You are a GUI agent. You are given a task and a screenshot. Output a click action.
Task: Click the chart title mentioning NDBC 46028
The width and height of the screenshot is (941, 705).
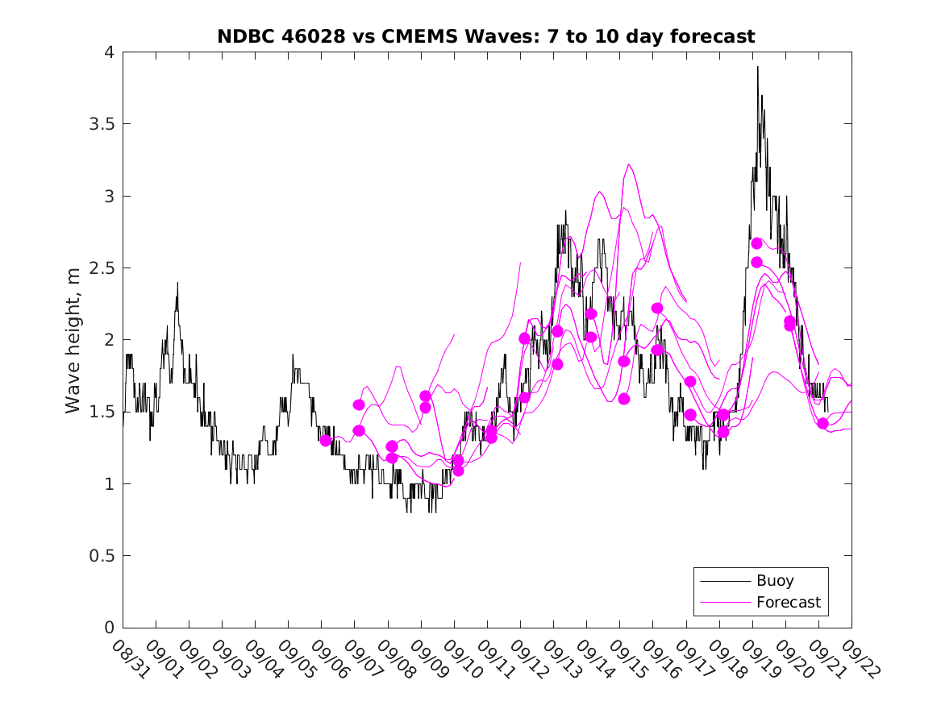click(x=486, y=36)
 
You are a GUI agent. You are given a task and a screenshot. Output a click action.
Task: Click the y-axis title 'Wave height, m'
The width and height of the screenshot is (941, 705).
click(x=73, y=341)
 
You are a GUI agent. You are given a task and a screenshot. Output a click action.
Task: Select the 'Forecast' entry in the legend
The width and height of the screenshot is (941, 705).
click(x=788, y=602)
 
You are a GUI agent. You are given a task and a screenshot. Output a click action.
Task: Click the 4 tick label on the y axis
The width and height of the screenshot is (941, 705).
click(x=108, y=52)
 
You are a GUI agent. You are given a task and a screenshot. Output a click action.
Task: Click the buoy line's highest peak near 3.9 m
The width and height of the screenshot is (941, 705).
click(x=758, y=68)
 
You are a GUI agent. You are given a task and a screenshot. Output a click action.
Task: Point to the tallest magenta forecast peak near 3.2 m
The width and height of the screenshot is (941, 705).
click(x=629, y=164)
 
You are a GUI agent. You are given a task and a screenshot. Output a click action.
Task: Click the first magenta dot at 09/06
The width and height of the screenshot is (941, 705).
click(x=326, y=440)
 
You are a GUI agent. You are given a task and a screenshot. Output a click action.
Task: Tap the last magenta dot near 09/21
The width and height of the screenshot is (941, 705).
click(x=822, y=424)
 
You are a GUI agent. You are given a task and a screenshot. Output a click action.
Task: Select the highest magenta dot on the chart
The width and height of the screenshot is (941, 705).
click(x=756, y=243)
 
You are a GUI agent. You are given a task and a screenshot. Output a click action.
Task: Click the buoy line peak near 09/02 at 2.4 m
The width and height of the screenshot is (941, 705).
click(x=177, y=283)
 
